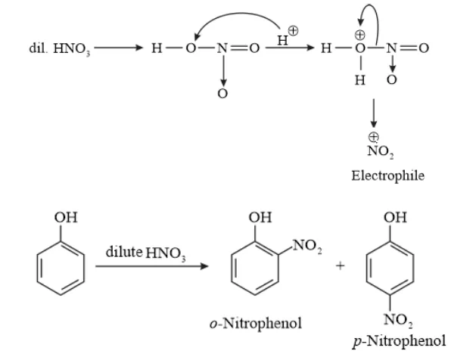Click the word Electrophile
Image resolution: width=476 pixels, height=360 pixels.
click(x=387, y=175)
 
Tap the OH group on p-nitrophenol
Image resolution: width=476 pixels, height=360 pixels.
click(x=395, y=219)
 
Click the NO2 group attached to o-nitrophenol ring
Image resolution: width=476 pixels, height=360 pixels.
click(x=305, y=245)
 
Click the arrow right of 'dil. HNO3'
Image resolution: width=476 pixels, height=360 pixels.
click(x=119, y=48)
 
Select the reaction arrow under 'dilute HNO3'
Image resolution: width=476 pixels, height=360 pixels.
click(x=151, y=266)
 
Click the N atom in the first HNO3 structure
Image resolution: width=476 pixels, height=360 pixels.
click(x=222, y=48)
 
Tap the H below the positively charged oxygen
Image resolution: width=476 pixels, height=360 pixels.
click(x=361, y=79)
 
